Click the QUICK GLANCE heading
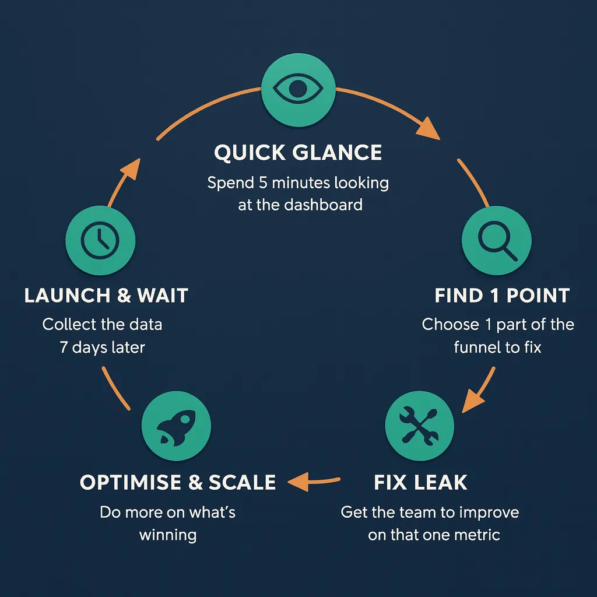click(298, 153)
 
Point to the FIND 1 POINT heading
click(502, 296)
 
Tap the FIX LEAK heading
click(420, 483)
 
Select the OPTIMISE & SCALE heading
click(178, 483)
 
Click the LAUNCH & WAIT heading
click(106, 296)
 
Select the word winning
click(168, 535)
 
